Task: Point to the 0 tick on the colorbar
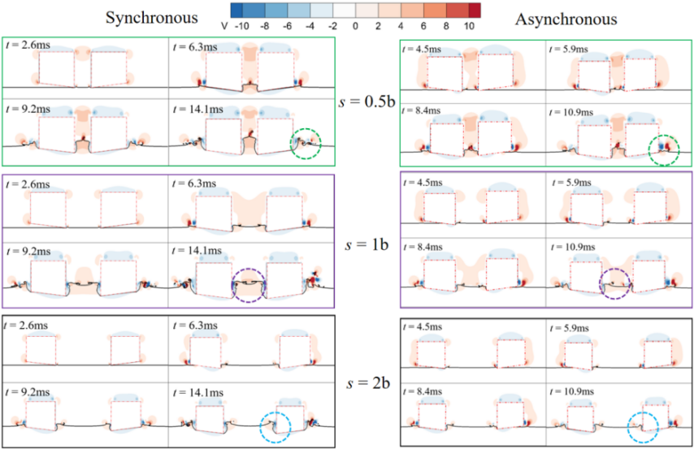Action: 354,25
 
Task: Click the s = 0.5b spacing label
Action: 366,102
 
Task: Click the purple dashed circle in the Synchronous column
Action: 249,283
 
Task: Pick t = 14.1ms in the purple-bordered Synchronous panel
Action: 197,251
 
